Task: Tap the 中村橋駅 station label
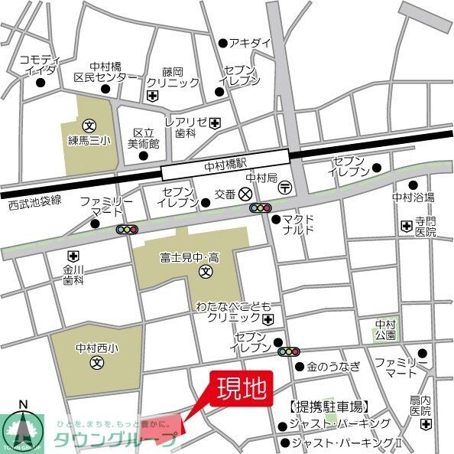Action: [225, 164]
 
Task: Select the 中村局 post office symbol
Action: [284, 186]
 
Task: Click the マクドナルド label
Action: [299, 224]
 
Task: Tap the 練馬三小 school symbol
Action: [89, 125]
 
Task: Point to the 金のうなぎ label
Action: [333, 367]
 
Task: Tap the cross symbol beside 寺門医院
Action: [406, 225]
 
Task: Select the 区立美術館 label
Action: [143, 138]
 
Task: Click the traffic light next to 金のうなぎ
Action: [289, 352]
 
